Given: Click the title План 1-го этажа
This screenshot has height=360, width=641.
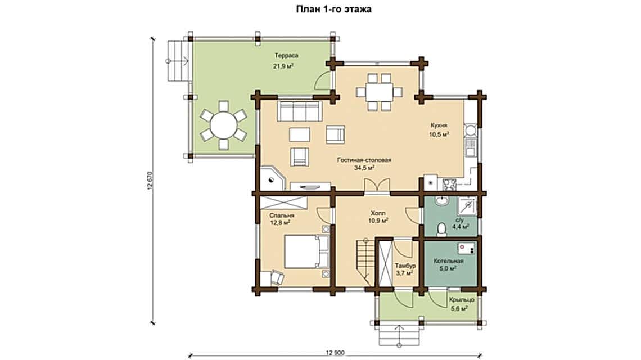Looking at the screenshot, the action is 334,9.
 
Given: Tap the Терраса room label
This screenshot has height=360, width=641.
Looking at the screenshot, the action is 286,55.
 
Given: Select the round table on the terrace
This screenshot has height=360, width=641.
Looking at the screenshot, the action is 223,125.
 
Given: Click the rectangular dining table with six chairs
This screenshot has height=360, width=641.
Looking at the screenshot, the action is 379,92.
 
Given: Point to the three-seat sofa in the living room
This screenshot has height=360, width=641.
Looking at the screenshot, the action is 299,111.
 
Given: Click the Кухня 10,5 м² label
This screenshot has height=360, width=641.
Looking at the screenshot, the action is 440,130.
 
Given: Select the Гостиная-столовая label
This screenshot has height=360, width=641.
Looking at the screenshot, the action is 364,160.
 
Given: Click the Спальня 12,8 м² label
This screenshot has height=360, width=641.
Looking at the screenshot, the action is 281,219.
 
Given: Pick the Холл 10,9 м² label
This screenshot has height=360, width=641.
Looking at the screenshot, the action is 378,217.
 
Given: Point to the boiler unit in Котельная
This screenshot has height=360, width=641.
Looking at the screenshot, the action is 466,248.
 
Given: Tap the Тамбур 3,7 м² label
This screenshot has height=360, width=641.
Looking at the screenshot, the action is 405,269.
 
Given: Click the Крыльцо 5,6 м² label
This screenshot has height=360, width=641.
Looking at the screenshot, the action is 462,304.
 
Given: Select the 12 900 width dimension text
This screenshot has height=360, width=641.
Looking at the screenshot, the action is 336,353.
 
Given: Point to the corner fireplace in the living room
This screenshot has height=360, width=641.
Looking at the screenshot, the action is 271,177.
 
